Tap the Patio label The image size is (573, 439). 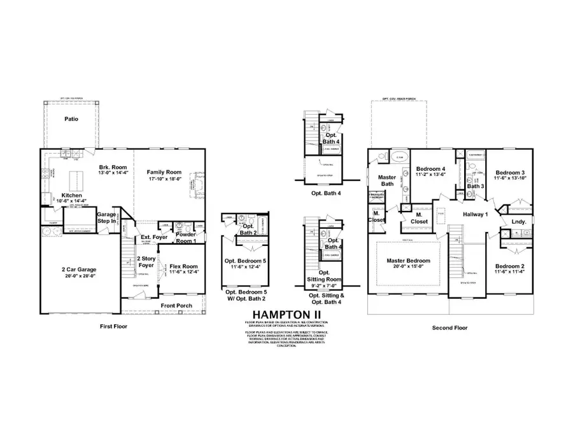pyautogui.click(x=71, y=119)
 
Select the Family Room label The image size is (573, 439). pyautogui.click(x=164, y=173)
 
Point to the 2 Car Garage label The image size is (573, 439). pyautogui.click(x=78, y=270)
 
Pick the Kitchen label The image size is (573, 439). pyautogui.click(x=73, y=196)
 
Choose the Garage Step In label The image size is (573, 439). pyautogui.click(x=106, y=219)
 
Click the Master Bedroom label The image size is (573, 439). pyautogui.click(x=407, y=261)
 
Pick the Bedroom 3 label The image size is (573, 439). pyautogui.click(x=511, y=173)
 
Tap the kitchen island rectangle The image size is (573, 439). pyautogui.click(x=74, y=176)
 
